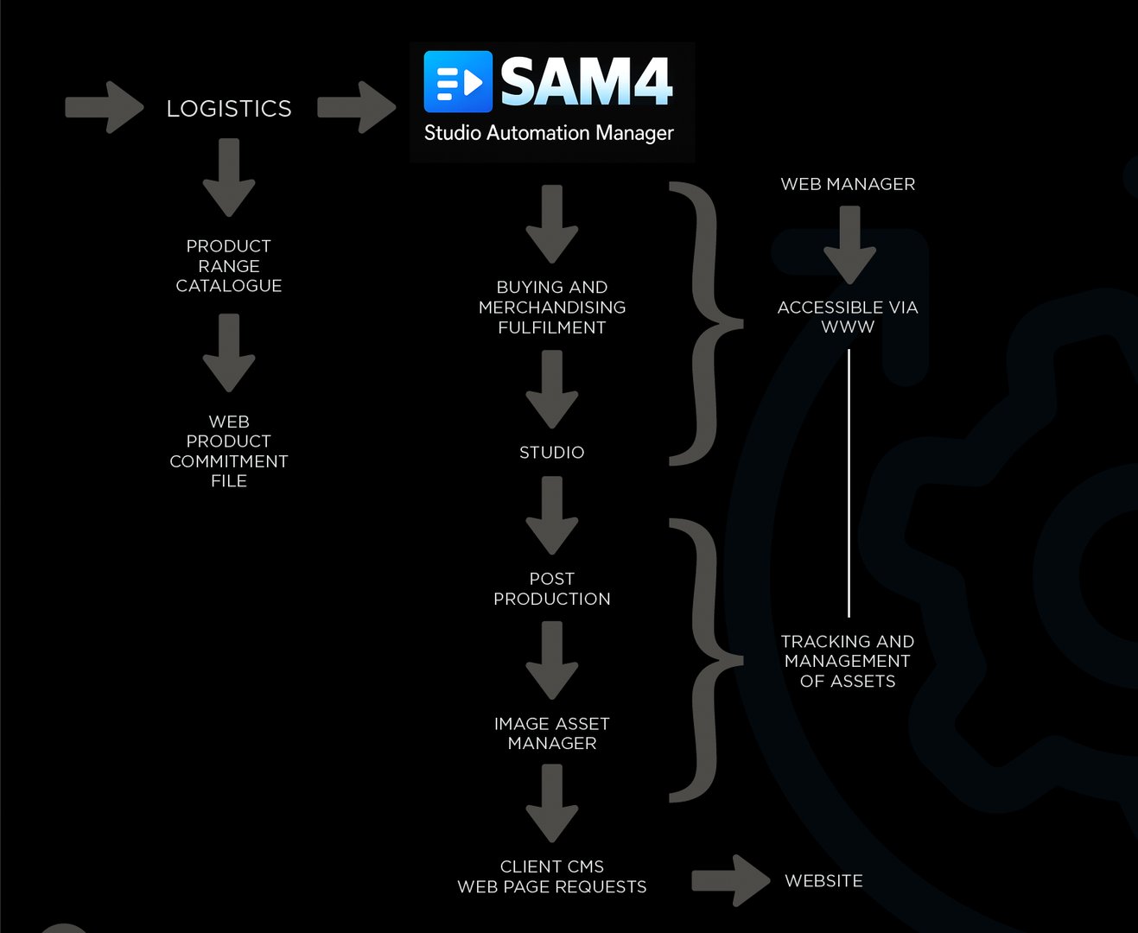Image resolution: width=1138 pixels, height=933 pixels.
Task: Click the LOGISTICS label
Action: pyautogui.click(x=229, y=109)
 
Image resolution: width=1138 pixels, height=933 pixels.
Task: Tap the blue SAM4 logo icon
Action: pyautogui.click(x=458, y=82)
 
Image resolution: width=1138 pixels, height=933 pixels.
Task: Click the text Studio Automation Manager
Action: pyautogui.click(x=549, y=133)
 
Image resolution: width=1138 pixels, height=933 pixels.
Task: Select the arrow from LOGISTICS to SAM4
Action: pyautogui.click(x=356, y=107)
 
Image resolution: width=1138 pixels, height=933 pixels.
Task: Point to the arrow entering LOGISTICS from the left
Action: pyautogui.click(x=104, y=107)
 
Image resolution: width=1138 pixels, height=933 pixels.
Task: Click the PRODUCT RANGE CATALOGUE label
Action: pyautogui.click(x=229, y=266)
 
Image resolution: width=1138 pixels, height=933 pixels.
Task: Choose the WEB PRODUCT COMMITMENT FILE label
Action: pyautogui.click(x=229, y=451)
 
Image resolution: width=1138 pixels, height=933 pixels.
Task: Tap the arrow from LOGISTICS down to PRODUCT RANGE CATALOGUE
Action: pyautogui.click(x=229, y=178)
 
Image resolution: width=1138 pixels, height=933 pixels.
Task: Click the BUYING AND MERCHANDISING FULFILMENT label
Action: pyautogui.click(x=552, y=308)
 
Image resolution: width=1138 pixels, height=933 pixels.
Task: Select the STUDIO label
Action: pyautogui.click(x=552, y=453)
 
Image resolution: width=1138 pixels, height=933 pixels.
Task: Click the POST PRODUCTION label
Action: pyautogui.click(x=552, y=589)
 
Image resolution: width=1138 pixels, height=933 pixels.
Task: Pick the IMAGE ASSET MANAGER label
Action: pyautogui.click(x=552, y=733)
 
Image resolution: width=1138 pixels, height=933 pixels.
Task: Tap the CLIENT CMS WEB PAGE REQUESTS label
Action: pyautogui.click(x=552, y=877)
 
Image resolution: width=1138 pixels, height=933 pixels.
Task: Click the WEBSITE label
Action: pyautogui.click(x=823, y=881)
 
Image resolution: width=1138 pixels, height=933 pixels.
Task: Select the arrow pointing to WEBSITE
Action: pyautogui.click(x=730, y=881)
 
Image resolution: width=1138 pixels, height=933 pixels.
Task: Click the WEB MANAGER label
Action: pyautogui.click(x=848, y=184)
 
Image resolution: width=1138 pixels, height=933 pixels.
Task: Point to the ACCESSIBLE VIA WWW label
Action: pyautogui.click(x=848, y=317)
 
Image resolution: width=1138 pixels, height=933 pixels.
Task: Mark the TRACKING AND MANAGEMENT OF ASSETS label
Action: pyautogui.click(x=848, y=662)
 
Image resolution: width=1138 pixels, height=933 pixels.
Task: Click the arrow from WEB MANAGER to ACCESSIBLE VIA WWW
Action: pyautogui.click(x=849, y=245)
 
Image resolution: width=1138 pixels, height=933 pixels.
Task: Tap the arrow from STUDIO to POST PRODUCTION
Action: pyautogui.click(x=552, y=516)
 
